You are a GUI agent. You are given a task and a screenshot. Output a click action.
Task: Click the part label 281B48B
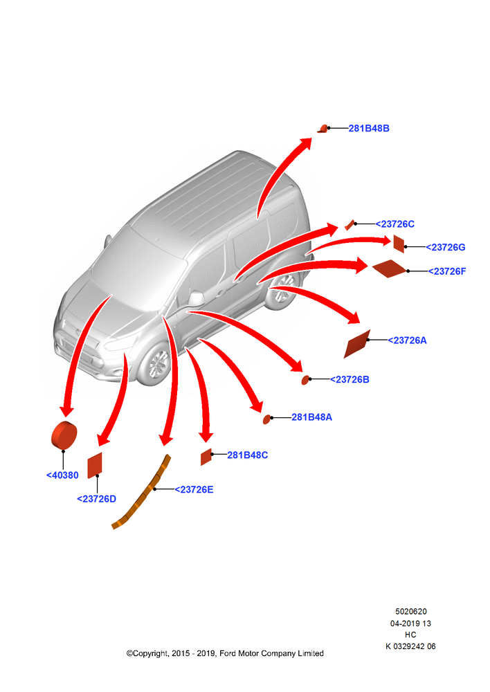(x=369, y=129)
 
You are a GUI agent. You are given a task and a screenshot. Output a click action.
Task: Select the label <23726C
(x=394, y=224)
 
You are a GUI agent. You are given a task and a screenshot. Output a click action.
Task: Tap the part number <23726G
(x=445, y=247)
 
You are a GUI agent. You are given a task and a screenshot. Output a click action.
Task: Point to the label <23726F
(x=446, y=271)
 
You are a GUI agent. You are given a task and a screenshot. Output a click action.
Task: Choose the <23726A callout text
(x=407, y=340)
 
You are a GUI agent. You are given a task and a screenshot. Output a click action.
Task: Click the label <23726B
(x=350, y=379)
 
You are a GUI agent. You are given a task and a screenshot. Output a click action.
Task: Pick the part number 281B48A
(x=311, y=417)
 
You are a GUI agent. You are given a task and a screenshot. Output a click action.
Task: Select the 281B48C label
(x=247, y=455)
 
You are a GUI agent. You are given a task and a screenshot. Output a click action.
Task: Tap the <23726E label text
(x=194, y=489)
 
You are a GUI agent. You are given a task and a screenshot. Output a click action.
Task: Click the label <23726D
(x=96, y=499)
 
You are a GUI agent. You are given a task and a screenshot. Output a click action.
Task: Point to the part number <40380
(x=62, y=475)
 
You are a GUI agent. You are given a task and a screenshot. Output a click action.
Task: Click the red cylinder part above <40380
(x=64, y=435)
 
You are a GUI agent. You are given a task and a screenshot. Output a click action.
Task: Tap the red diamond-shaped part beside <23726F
(x=389, y=268)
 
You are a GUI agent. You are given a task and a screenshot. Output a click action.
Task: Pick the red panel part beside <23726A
(x=356, y=344)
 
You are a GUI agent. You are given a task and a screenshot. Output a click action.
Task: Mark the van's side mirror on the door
(x=196, y=299)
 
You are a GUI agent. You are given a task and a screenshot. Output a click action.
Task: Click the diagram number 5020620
(x=410, y=612)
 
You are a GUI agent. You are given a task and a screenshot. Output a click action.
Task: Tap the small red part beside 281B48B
(x=323, y=129)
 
